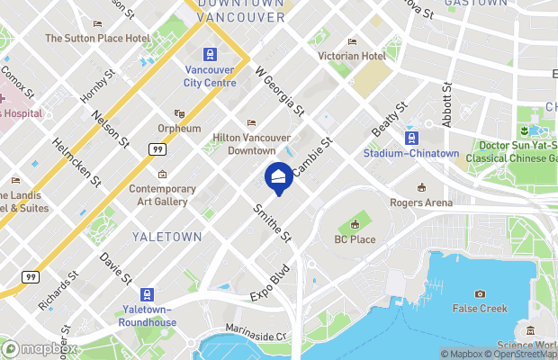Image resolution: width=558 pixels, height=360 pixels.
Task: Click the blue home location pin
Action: pos(278,176)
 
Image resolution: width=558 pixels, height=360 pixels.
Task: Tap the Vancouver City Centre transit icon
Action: pos(210,55)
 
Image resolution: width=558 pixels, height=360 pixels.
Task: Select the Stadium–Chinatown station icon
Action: pos(412,137)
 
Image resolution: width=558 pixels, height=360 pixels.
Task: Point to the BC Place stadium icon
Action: pos(355,224)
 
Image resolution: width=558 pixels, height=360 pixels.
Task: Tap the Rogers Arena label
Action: pos(421,202)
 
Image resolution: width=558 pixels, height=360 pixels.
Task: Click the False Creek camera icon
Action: pos(480,293)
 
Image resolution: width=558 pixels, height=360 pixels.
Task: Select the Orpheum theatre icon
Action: pos(179,114)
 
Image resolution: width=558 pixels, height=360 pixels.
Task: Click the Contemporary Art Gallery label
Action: pos(162,194)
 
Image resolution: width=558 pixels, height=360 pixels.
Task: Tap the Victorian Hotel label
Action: pos(352,56)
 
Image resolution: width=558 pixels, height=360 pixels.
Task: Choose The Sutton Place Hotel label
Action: pos(97,39)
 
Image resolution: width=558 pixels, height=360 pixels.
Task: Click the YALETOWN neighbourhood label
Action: pos(166,237)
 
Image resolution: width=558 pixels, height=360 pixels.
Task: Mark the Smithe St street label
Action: pos(274,222)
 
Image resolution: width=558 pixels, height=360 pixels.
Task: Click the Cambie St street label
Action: pos(316,155)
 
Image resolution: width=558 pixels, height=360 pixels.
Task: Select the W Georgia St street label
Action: pos(279,93)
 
